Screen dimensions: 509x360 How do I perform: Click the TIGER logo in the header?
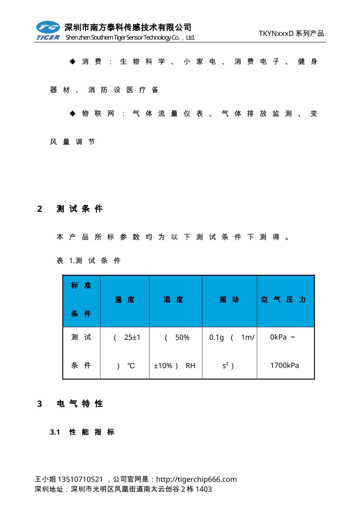pyautogui.click(x=48, y=31)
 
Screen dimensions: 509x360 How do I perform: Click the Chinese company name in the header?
pyautogui.click(x=128, y=28)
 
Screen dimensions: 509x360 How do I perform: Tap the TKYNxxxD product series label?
pyautogui.click(x=291, y=34)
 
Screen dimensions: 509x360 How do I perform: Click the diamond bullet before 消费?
pyautogui.click(x=73, y=62)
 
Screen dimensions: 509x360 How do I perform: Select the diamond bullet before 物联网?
pyautogui.click(x=73, y=114)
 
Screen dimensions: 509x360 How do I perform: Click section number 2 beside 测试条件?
pyautogui.click(x=40, y=209)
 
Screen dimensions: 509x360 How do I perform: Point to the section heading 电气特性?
pyautogui.click(x=80, y=404)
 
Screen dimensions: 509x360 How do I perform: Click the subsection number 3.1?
pyautogui.click(x=55, y=432)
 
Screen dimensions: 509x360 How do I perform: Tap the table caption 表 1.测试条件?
pyautogui.click(x=89, y=261)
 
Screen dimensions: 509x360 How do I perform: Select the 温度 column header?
pyautogui.click(x=124, y=300)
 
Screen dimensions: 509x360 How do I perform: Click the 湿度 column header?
pyautogui.click(x=173, y=300)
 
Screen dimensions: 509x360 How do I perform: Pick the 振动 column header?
pyautogui.click(x=229, y=300)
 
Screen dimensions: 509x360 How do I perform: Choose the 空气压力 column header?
pyautogui.click(x=283, y=300)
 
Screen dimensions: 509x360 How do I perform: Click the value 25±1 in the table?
pyautogui.click(x=132, y=338)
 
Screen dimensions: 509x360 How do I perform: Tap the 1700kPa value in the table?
pyautogui.click(x=284, y=366)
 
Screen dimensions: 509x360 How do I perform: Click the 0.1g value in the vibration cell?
pyautogui.click(x=217, y=338)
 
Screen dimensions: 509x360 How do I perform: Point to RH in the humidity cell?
pyautogui.click(x=190, y=366)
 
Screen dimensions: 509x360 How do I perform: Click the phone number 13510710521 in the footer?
pyautogui.click(x=80, y=479)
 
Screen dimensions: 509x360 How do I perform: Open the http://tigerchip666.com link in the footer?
pyautogui.click(x=196, y=479)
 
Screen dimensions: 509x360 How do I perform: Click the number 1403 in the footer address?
pyautogui.click(x=204, y=489)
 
